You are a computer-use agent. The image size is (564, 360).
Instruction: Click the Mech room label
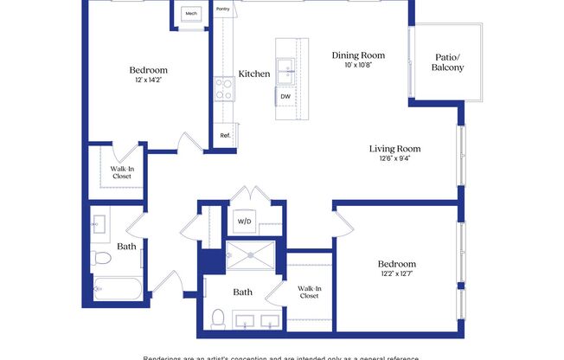[x=190, y=14]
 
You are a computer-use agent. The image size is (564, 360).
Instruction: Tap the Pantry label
[x=221, y=11]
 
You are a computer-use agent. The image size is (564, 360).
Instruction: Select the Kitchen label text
[x=254, y=74]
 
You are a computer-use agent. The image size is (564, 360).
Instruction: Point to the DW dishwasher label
[x=285, y=97]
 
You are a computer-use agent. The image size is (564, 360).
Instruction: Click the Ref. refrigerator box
[x=225, y=136]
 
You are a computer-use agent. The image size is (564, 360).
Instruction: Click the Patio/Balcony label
[x=448, y=62]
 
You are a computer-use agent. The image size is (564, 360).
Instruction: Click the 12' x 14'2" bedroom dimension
[x=148, y=80]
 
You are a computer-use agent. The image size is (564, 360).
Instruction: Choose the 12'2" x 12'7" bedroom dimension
[x=397, y=274]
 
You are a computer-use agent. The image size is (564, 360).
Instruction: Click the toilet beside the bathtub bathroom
[x=100, y=257]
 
